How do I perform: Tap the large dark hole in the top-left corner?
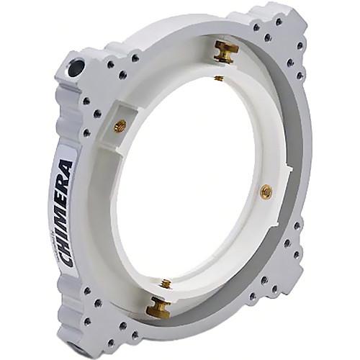pos(76,68)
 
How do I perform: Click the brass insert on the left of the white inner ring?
pos(120,126)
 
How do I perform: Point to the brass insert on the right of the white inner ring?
pos(266,191)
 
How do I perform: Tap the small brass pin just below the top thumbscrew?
pos(219,78)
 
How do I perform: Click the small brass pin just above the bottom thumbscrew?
pos(166,284)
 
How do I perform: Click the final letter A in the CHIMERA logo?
pos(66,168)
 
